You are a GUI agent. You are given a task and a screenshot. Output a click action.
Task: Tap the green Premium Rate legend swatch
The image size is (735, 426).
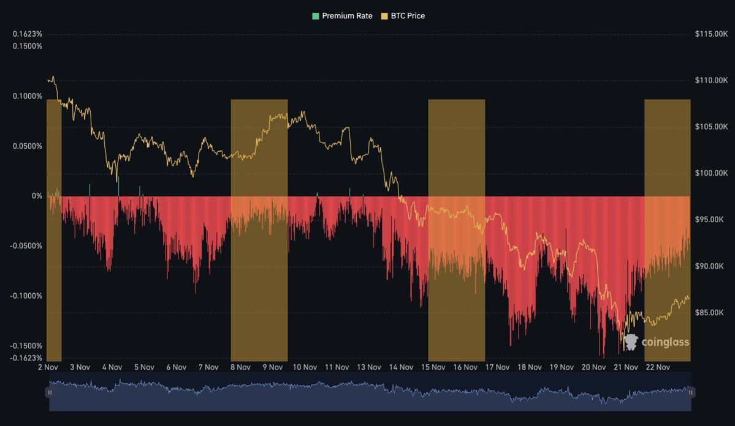tap(316, 16)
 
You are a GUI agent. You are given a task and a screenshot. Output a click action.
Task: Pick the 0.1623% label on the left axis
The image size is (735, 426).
tap(28, 34)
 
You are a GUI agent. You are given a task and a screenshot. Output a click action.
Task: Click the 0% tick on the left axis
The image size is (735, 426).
tap(37, 196)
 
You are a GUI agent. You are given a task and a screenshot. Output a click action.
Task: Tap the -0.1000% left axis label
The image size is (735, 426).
tap(26, 296)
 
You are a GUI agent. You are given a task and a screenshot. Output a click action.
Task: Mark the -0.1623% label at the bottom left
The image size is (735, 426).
tap(26, 358)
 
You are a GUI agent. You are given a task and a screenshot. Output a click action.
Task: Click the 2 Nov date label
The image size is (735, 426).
tap(48, 367)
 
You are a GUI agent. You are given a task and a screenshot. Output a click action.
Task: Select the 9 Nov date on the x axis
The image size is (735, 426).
tap(272, 367)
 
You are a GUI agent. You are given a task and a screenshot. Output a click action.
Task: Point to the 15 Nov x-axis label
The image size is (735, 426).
tap(433, 367)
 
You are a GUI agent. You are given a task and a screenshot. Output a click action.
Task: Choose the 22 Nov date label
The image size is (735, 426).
tap(658, 367)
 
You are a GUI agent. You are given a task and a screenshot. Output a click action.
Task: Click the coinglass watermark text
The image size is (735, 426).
tap(665, 342)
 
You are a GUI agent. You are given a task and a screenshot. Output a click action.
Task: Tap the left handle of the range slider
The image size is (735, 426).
tap(50, 392)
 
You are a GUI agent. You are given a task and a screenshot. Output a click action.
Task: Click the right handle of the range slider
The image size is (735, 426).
tap(690, 392)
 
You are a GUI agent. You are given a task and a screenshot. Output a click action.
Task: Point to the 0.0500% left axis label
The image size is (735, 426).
tap(28, 146)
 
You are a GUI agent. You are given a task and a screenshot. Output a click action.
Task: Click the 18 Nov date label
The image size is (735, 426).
tap(530, 367)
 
